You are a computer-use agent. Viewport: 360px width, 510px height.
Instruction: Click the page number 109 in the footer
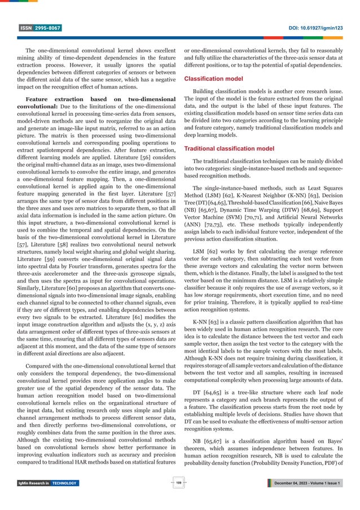coord(179,483)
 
